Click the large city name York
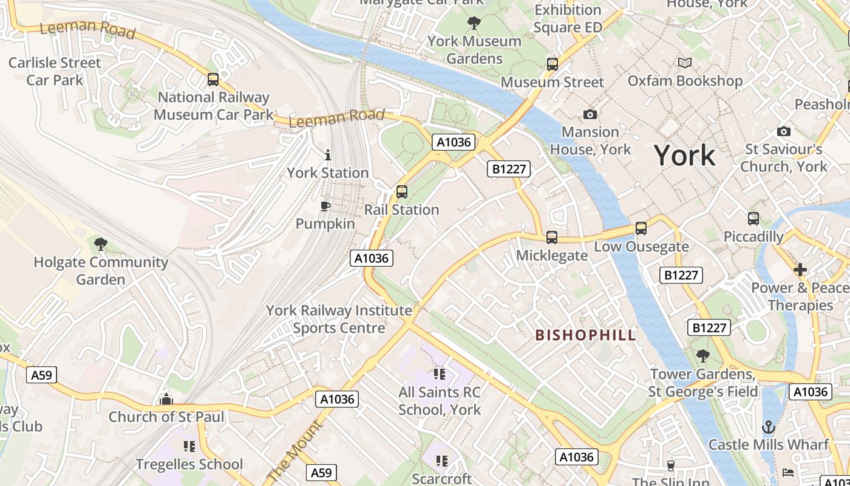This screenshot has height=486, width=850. point(684,156)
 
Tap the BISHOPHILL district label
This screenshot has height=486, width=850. point(585,335)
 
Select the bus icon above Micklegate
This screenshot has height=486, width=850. point(551,238)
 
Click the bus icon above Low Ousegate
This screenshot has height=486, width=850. point(641,228)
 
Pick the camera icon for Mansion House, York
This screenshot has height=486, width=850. point(590,114)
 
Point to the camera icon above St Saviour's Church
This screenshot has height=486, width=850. point(784,131)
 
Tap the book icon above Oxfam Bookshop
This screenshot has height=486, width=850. point(685,63)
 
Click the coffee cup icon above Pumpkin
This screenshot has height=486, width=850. point(325,206)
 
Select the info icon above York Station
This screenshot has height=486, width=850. point(328,155)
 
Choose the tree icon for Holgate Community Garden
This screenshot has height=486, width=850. point(101,244)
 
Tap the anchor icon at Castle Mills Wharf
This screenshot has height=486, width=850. point(769,427)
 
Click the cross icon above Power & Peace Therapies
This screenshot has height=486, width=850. point(800,270)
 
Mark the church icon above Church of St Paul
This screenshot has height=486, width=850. point(166,399)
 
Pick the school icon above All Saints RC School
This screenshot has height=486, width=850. point(440,374)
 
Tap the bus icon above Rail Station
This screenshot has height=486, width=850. point(401,192)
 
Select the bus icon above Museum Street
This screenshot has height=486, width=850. point(552,64)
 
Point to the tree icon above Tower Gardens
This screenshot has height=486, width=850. point(703,356)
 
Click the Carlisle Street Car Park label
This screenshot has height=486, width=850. point(55,71)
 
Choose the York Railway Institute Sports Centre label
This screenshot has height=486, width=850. point(339,320)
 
